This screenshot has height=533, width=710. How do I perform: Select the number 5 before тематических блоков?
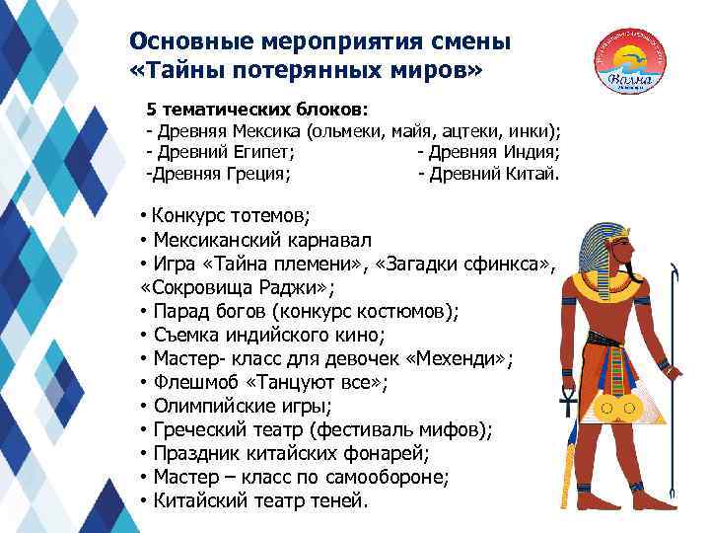pos(152,108)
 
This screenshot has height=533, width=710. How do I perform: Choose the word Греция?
pos(255,175)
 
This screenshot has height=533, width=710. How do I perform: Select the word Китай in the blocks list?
pos(532,175)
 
